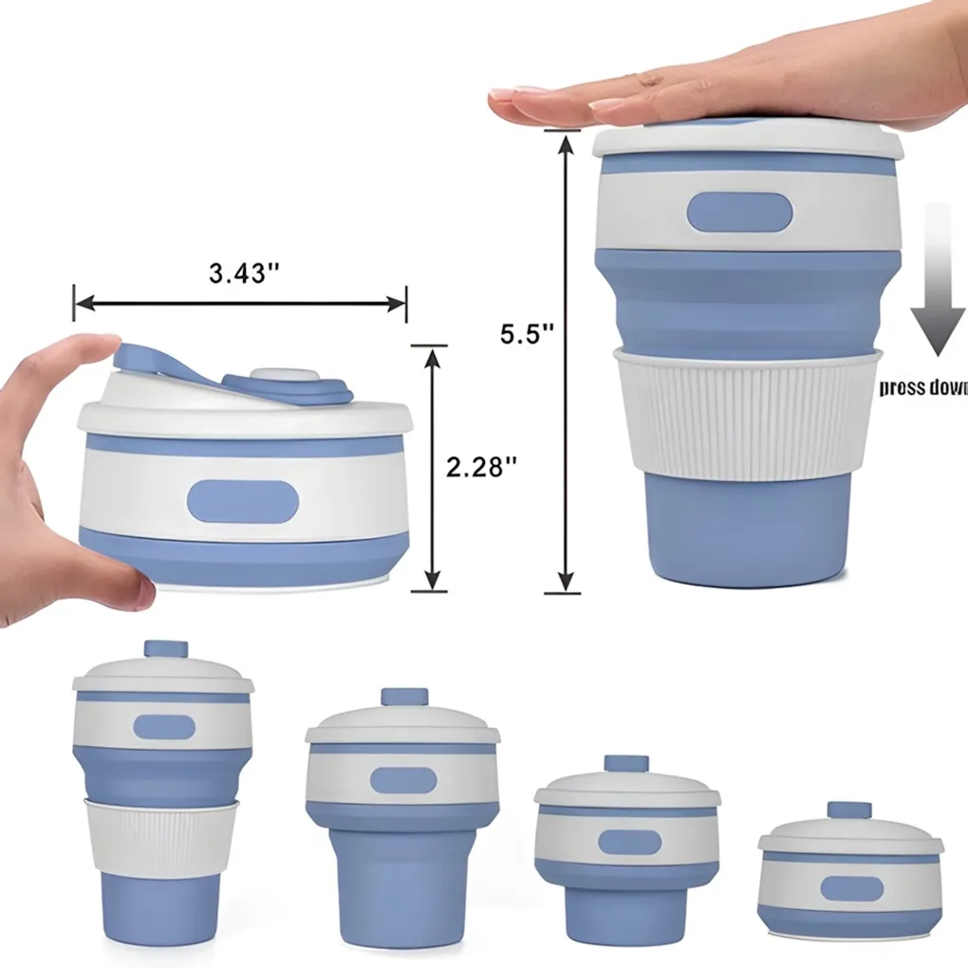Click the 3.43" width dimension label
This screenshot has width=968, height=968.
click(x=244, y=272)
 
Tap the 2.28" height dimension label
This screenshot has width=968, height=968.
click(x=483, y=467)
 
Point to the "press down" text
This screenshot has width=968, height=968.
click(x=922, y=387)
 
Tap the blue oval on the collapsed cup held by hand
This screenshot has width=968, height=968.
click(x=243, y=501)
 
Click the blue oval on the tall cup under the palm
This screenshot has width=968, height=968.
click(x=739, y=213)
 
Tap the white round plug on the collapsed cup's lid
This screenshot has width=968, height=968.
click(x=284, y=377)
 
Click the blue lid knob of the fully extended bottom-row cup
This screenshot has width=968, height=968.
click(x=166, y=650)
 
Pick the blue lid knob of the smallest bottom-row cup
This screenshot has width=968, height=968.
click(x=848, y=810)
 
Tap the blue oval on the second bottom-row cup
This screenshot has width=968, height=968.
click(x=403, y=780)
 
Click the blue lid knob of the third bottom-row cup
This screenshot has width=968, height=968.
click(x=626, y=764)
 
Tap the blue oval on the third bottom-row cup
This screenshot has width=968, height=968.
click(x=629, y=842)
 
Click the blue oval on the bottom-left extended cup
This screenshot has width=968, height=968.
click(x=164, y=727)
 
